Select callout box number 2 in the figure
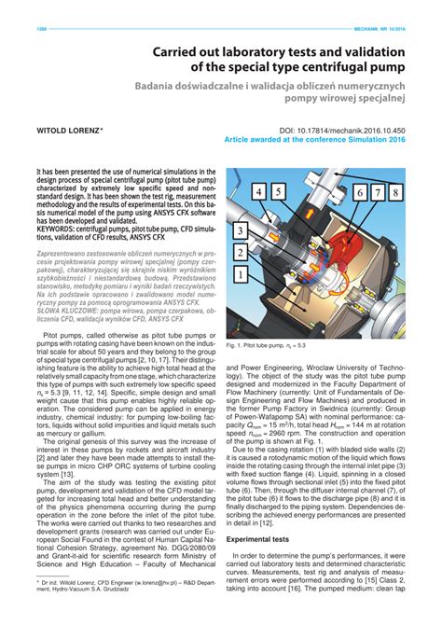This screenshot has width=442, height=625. pyautogui.click(x=241, y=252)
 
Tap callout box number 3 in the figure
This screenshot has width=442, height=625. pyautogui.click(x=241, y=230)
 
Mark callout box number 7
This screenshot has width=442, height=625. pyautogui.click(x=382, y=193)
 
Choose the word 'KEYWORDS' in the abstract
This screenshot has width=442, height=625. pyautogui.click(x=55, y=229)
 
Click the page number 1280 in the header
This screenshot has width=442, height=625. pyautogui.click(x=41, y=28)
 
